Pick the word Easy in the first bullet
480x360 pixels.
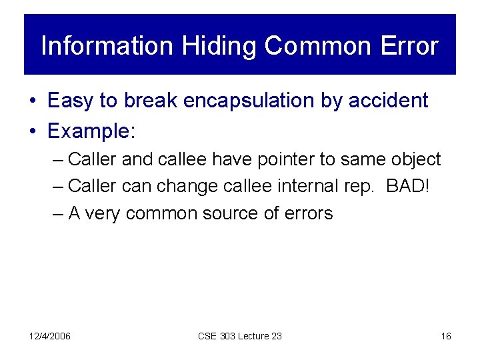tap(71, 101)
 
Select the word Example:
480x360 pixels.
tap(91, 131)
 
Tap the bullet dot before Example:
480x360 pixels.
tap(33, 131)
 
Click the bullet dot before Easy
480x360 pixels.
tap(33, 101)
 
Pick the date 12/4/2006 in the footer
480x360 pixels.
tap(50, 336)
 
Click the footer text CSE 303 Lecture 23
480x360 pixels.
tap(239, 336)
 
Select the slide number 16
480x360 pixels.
tap(445, 336)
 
